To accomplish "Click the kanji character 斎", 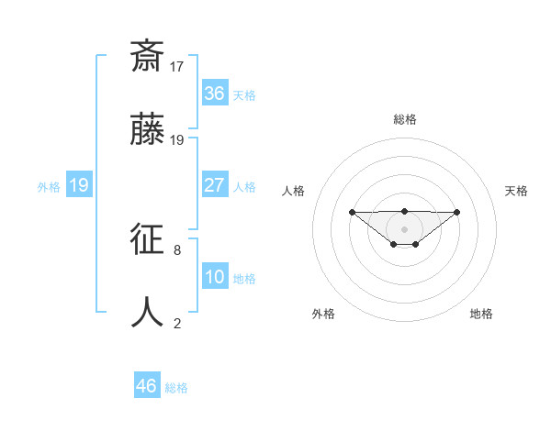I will (x=148, y=57).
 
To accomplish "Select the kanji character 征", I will (x=148, y=239).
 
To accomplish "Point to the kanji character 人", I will (x=148, y=313).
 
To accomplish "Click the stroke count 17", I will (x=178, y=66).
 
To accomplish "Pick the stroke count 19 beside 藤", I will (x=178, y=139).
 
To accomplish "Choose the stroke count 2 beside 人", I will (x=177, y=323).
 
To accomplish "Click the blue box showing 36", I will (x=215, y=94).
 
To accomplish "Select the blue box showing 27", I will (x=215, y=185).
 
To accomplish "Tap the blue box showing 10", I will (x=215, y=277).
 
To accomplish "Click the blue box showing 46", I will (x=147, y=386).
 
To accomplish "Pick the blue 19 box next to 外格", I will (x=79, y=185).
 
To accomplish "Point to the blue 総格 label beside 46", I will (x=176, y=388).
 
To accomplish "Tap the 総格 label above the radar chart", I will (x=404, y=119).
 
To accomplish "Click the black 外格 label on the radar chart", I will (x=323, y=314).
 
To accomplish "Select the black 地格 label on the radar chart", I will (x=481, y=314).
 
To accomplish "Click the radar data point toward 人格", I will (x=352, y=213).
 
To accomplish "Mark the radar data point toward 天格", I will (x=457, y=213).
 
